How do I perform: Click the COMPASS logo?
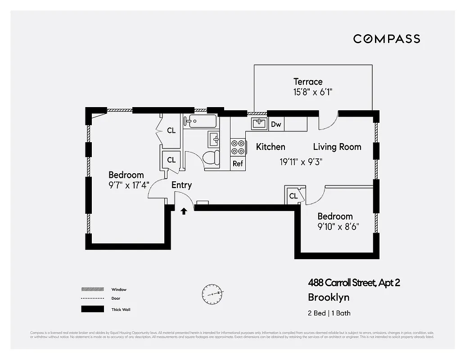[x=386, y=39]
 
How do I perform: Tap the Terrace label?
[x=308, y=81]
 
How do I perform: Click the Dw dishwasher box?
[x=276, y=124]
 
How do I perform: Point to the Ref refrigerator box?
[x=238, y=163]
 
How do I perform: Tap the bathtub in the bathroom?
[x=200, y=121]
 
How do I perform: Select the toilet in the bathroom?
[x=211, y=157]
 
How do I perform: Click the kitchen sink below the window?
[x=259, y=123]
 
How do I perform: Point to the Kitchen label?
[x=271, y=147]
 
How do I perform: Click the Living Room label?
[x=337, y=147]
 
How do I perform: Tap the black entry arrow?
[x=184, y=211]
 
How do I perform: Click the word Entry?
[x=181, y=185]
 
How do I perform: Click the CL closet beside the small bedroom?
[x=294, y=196]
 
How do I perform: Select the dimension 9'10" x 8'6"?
[x=338, y=226]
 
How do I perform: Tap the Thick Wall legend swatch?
[x=92, y=309]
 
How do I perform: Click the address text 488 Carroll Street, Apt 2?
[x=354, y=283]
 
